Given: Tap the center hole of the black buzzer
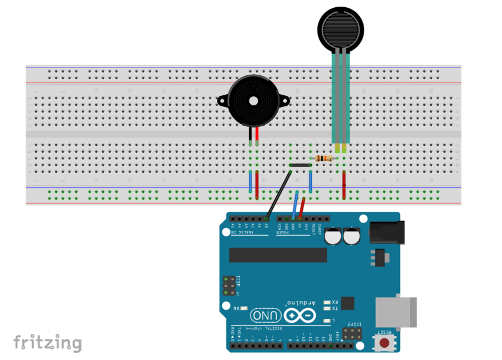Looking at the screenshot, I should coord(254,101).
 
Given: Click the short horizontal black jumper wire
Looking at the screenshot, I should coord(300,166).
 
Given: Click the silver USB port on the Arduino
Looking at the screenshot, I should coord(397,311).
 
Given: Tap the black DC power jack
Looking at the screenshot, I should coord(386,232).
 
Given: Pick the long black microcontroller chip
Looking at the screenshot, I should coord(278,255).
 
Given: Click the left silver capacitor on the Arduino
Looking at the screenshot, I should coord(333,236).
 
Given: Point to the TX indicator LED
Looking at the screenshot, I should coord(327,308).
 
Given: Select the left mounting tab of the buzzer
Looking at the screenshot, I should coord(221,101).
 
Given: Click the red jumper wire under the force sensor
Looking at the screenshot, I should coord(344,185).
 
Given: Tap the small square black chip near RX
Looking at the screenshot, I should coord(347,303).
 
